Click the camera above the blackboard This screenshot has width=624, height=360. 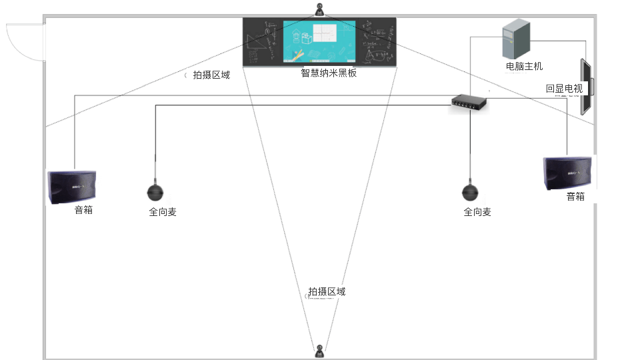tap(321, 10)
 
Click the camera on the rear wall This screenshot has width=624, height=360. tap(321, 350)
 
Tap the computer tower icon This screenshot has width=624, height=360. tap(516, 39)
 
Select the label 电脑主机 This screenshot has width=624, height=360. tap(525, 67)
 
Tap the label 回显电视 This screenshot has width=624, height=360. tap(564, 88)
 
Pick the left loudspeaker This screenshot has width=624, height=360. tap(72, 187)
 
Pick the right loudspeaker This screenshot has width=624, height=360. tap(567, 174)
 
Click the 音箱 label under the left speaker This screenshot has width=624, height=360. tap(83, 211)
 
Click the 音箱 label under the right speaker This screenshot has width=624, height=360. tap(575, 197)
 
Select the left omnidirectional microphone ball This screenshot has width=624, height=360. tap(155, 193)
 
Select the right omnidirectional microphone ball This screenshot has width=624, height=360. tap(470, 193)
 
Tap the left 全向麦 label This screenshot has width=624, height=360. tap(163, 212)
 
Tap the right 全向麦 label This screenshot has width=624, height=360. tap(477, 212)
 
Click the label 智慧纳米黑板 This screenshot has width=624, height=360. tap(329, 73)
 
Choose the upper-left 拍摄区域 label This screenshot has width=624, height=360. tap(211, 75)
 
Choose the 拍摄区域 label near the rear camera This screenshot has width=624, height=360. tap(327, 292)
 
